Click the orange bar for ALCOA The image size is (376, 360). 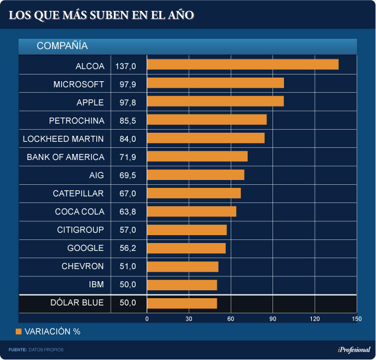pyautogui.click(x=242, y=65)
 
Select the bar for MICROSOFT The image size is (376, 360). pyautogui.click(x=215, y=83)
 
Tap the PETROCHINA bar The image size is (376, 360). pyautogui.click(x=206, y=120)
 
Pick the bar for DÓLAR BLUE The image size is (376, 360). pyautogui.click(x=182, y=303)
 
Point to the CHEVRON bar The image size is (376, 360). pyautogui.click(x=182, y=267)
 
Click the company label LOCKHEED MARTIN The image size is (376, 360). pyautogui.click(x=63, y=139)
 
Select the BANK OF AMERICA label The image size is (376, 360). pyautogui.click(x=65, y=157)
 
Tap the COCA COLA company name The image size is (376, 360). pyautogui.click(x=79, y=212)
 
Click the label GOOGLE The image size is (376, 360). pyautogui.click(x=85, y=248)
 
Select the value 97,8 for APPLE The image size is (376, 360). pyautogui.click(x=128, y=102)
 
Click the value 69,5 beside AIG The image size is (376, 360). pyautogui.click(x=128, y=175)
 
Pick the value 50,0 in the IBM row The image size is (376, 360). pyautogui.click(x=128, y=285)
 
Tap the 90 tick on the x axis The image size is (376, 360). pyautogui.click(x=272, y=319)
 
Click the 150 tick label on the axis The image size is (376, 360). pyautogui.click(x=356, y=319)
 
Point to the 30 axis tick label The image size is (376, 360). pyautogui.click(x=189, y=319)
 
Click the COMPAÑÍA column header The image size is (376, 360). pyautogui.click(x=62, y=46)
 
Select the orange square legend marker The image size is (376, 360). pyautogui.click(x=18, y=332)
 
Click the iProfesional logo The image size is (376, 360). pyautogui.click(x=354, y=350)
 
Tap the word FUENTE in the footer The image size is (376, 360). pyautogui.click(x=18, y=350)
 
